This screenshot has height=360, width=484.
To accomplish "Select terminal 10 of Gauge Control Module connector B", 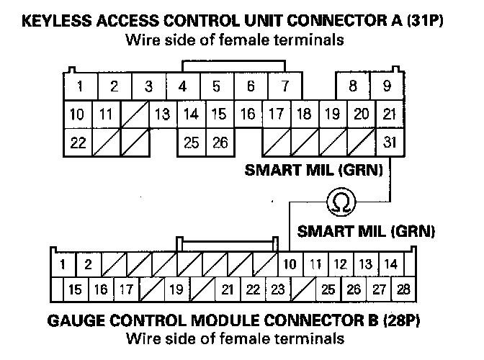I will pyautogui.click(x=289, y=264).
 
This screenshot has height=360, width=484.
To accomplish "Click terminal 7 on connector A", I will pyautogui.click(x=285, y=87).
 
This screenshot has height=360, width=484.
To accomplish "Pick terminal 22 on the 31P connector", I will pyautogui.click(x=78, y=142).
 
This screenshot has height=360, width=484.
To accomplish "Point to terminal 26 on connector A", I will pyautogui.click(x=220, y=142).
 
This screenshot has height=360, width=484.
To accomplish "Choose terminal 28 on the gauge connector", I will pyautogui.click(x=403, y=290).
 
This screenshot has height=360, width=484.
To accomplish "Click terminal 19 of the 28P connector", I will pyautogui.click(x=175, y=290).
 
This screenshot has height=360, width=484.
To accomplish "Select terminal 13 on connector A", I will pyautogui.click(x=163, y=114).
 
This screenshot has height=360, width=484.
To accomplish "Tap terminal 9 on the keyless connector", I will pyautogui.click(x=387, y=87).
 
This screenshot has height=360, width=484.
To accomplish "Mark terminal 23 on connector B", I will pyautogui.click(x=276, y=290).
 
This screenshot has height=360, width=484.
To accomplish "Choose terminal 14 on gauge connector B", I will pyautogui.click(x=390, y=264).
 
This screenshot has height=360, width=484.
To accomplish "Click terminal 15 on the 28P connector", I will pyautogui.click(x=74, y=290).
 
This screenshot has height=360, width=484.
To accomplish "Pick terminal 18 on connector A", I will pyautogui.click(x=304, y=114).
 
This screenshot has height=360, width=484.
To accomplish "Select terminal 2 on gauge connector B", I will pyautogui.click(x=87, y=264).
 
